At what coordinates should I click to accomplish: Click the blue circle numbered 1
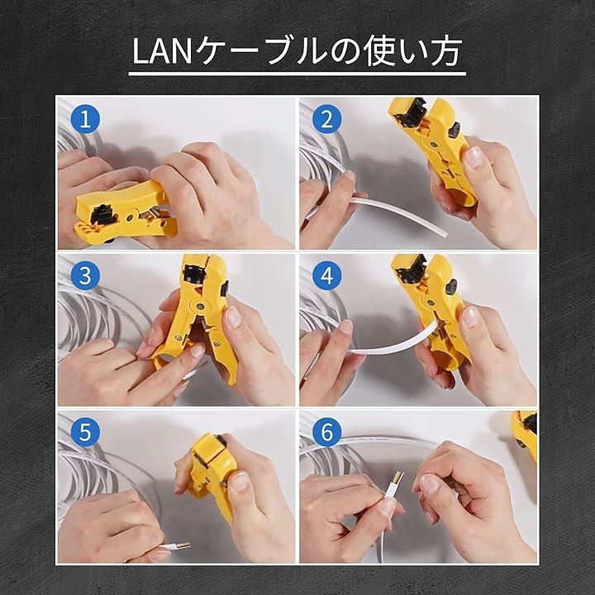(x=85, y=119)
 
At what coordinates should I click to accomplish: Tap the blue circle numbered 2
(x=326, y=119)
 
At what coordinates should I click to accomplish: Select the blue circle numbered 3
(x=85, y=275)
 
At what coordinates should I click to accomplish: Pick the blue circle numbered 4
(x=326, y=275)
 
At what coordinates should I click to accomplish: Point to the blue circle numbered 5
(x=85, y=432)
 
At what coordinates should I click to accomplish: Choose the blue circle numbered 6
(x=326, y=432)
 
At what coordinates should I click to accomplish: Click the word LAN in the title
(x=162, y=52)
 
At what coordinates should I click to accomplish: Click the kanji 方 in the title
(x=446, y=51)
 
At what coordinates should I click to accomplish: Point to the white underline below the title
(x=297, y=74)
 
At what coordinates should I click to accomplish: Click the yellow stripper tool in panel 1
(x=126, y=213)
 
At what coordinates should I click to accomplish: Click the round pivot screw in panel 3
(x=199, y=304)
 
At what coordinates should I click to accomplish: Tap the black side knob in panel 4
(x=451, y=287)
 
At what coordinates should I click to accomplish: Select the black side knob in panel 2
(x=454, y=130)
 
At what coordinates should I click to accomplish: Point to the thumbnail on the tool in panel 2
(x=474, y=159)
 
